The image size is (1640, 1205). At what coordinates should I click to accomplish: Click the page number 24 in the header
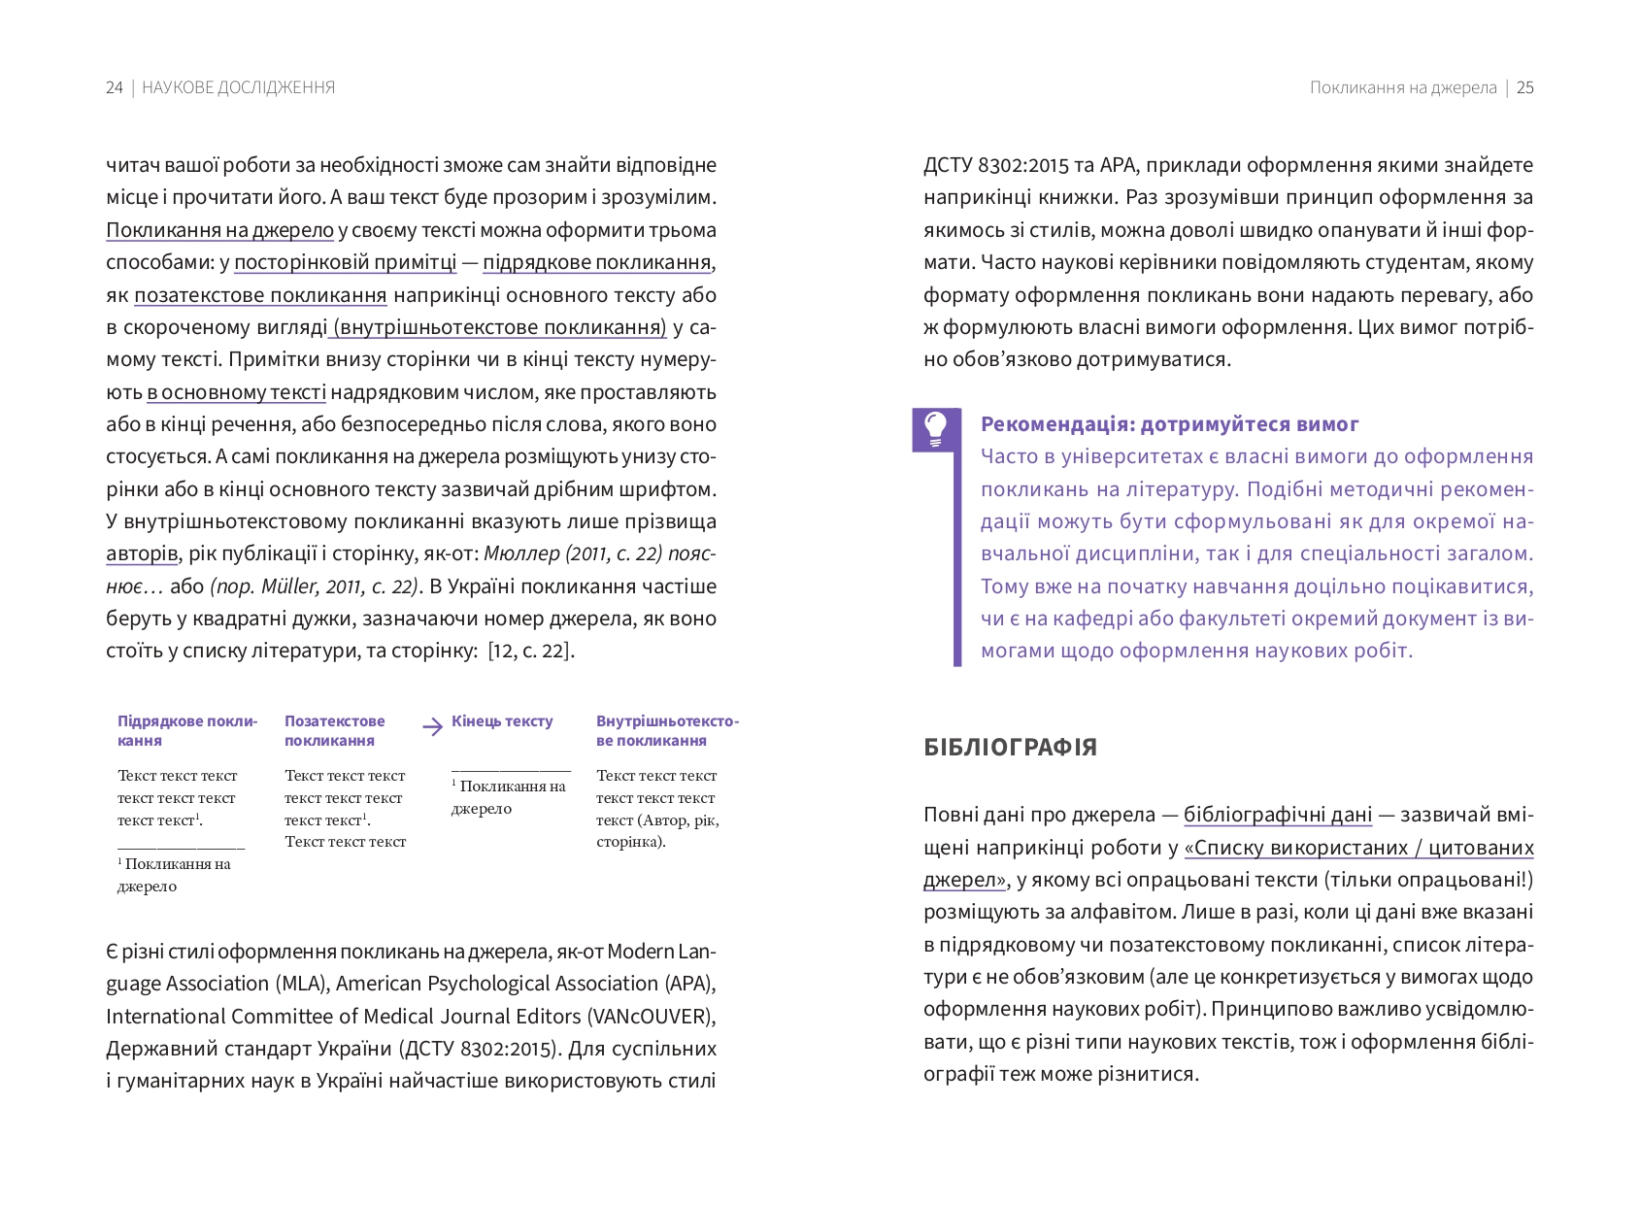pos(114,87)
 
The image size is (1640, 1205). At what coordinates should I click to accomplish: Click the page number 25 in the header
pos(1524,87)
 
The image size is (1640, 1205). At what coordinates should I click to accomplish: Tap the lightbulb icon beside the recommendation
pos(935,428)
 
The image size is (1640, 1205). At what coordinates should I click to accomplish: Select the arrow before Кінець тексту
pos(433,726)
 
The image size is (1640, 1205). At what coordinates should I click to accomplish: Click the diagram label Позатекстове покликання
pos(334,730)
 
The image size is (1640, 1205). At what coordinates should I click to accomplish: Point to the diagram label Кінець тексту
pos(502,721)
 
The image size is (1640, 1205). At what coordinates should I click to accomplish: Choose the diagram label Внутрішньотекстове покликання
pos(666,730)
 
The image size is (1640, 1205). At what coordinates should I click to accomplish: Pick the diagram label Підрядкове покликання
pos(186,730)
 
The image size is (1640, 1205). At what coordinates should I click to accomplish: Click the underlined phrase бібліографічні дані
pos(1277,815)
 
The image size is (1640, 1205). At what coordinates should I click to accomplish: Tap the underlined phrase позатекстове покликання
pos(260,295)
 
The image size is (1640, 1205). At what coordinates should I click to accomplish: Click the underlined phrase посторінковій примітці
pos(345,262)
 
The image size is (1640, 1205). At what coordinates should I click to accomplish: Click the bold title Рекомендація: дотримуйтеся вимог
pos(1169,424)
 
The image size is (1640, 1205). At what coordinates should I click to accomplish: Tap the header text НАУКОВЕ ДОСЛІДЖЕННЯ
pos(238,87)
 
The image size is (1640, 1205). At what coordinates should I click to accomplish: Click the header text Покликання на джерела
pos(1402,87)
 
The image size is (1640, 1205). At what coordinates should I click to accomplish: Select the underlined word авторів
pos(142,553)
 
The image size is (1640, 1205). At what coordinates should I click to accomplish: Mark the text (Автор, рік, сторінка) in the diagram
pos(658,830)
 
